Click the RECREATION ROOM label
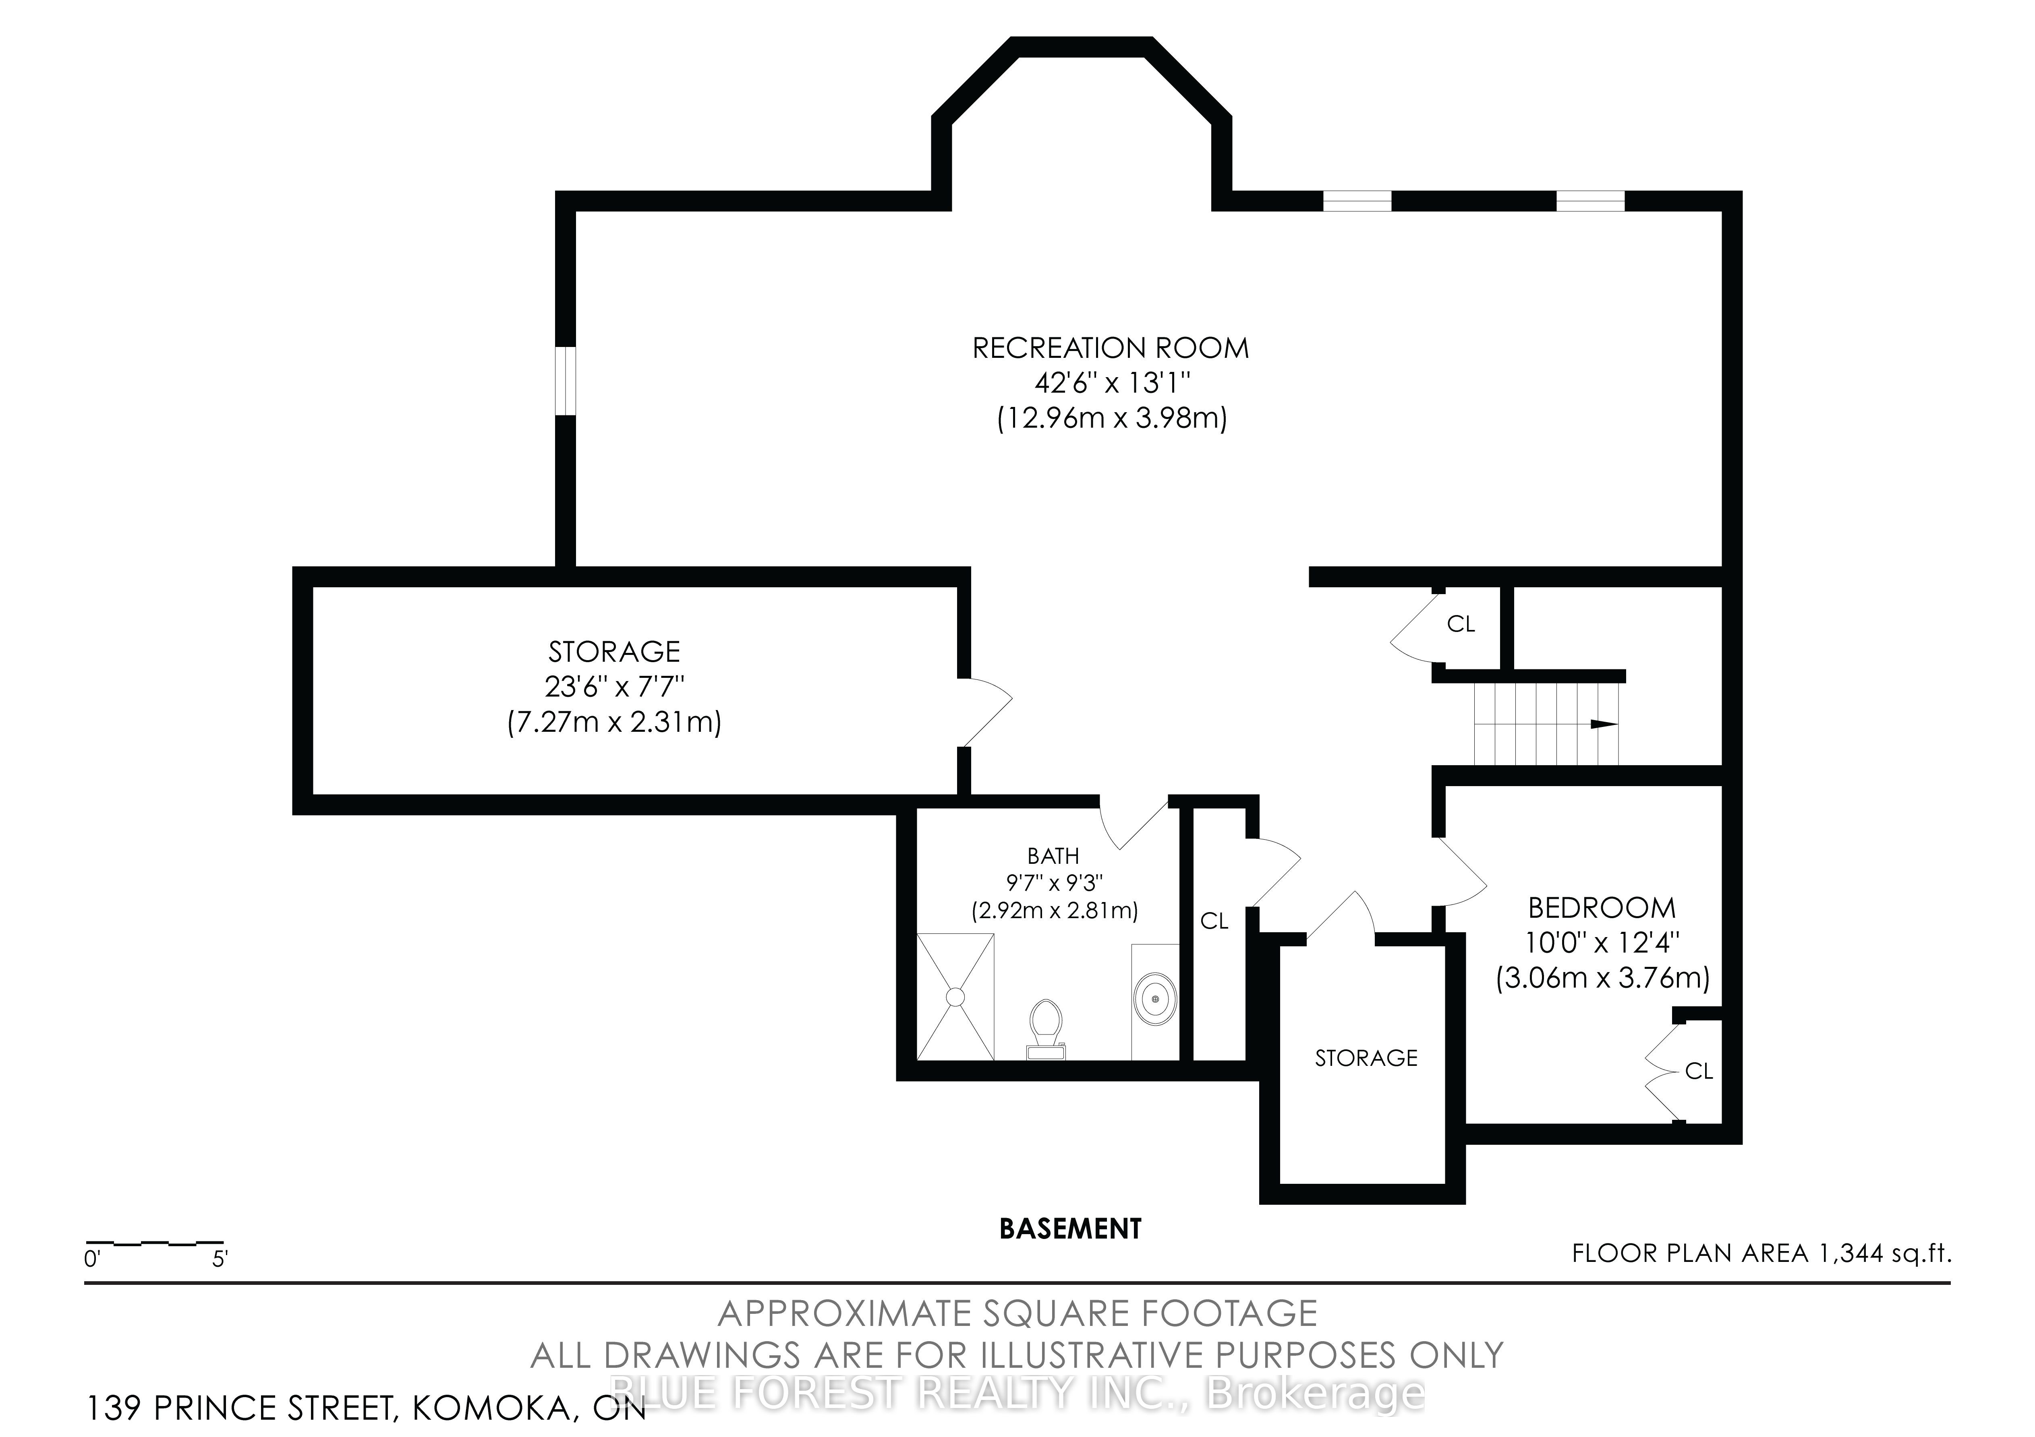1111,348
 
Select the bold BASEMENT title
1070,1229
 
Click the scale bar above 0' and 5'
154,1243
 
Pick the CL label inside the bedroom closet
1698,1071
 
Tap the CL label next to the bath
1214,921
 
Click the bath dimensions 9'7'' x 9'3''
1053,882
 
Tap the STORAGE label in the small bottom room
1366,1058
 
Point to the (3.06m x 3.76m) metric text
1602,978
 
